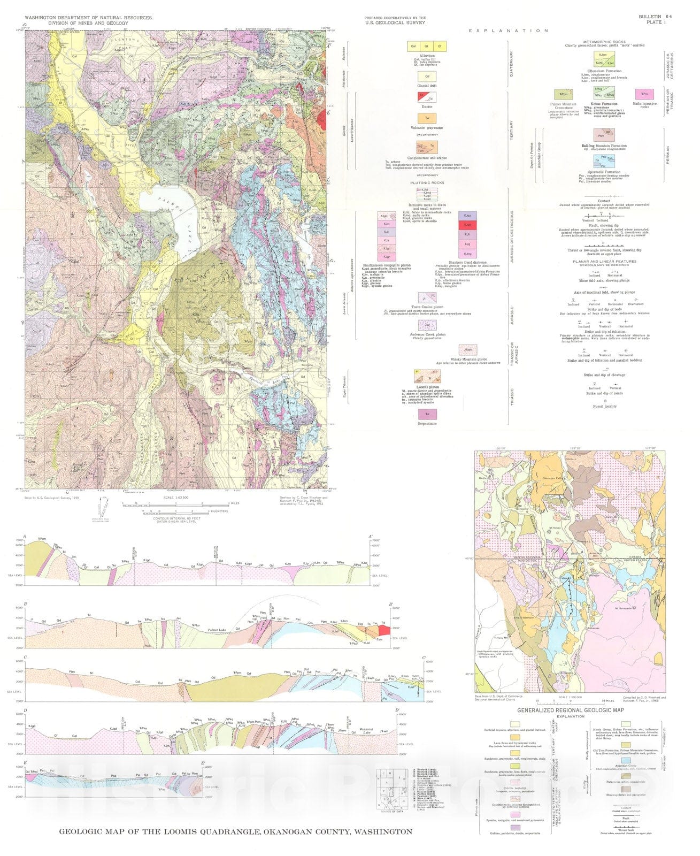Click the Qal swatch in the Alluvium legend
pyautogui.click(x=413, y=47)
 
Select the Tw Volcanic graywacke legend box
pyautogui.click(x=427, y=118)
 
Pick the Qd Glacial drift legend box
pyautogui.click(x=427, y=77)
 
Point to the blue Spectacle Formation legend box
pyautogui.click(x=603, y=160)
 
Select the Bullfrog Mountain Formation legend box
pyautogui.click(x=603, y=135)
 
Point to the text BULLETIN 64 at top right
pyautogui.click(x=655, y=17)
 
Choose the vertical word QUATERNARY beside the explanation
pyautogui.click(x=511, y=64)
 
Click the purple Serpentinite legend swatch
pyautogui.click(x=427, y=414)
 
